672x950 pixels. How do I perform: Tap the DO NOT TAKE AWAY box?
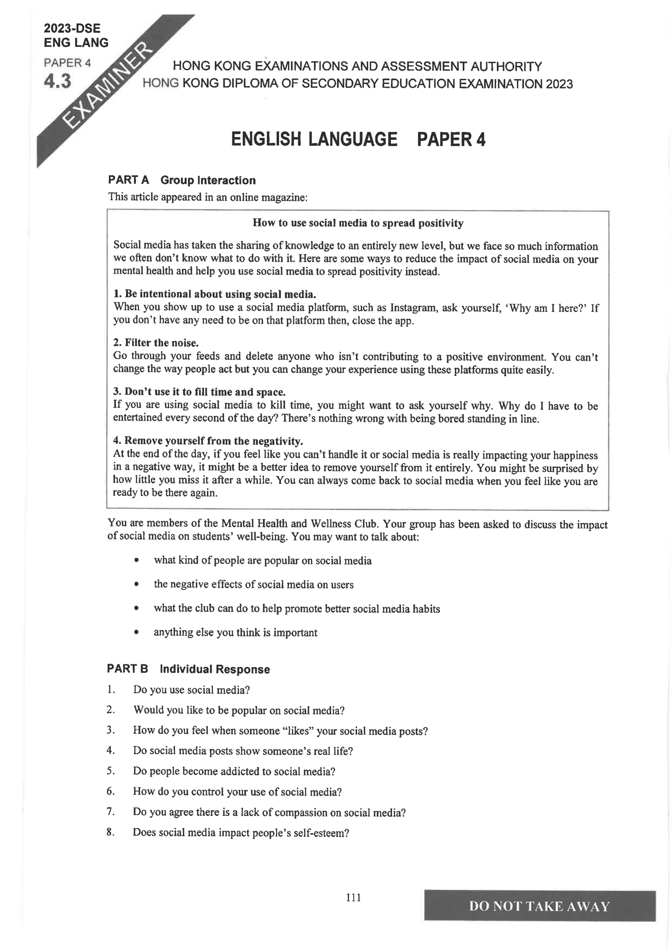coord(540,906)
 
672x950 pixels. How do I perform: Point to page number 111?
coord(353,898)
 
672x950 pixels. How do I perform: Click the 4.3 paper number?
coord(58,81)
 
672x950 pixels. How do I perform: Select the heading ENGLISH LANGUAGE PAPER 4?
coord(358,139)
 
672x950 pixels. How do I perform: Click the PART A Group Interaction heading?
coord(182,180)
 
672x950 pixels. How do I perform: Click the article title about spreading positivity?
coord(358,223)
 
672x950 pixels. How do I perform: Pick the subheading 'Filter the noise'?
coord(156,343)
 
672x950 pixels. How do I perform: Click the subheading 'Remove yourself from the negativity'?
coord(208,441)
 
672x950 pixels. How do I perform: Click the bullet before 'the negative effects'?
coord(136,584)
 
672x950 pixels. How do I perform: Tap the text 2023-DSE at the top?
coord(72,28)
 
